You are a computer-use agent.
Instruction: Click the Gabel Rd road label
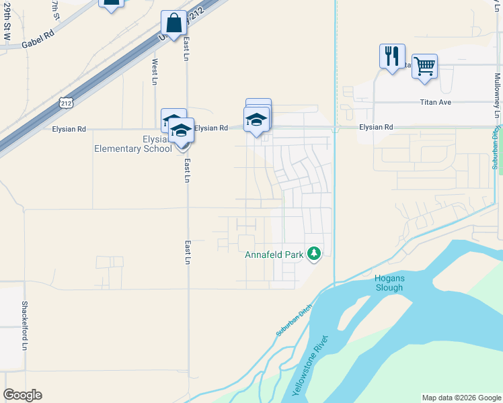click(x=38, y=42)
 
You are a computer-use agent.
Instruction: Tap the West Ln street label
click(x=155, y=72)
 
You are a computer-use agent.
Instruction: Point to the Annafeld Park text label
click(x=274, y=255)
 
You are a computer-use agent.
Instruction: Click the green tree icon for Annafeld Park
click(x=313, y=253)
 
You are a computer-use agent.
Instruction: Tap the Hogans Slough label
click(x=389, y=283)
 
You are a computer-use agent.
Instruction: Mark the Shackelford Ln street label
click(x=24, y=325)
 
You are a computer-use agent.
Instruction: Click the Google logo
click(x=22, y=395)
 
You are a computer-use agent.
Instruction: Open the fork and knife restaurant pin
click(x=392, y=56)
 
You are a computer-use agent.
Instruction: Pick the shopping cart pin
click(x=424, y=66)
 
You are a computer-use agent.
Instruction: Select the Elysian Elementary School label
click(x=132, y=144)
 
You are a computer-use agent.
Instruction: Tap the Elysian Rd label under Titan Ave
click(x=375, y=127)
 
